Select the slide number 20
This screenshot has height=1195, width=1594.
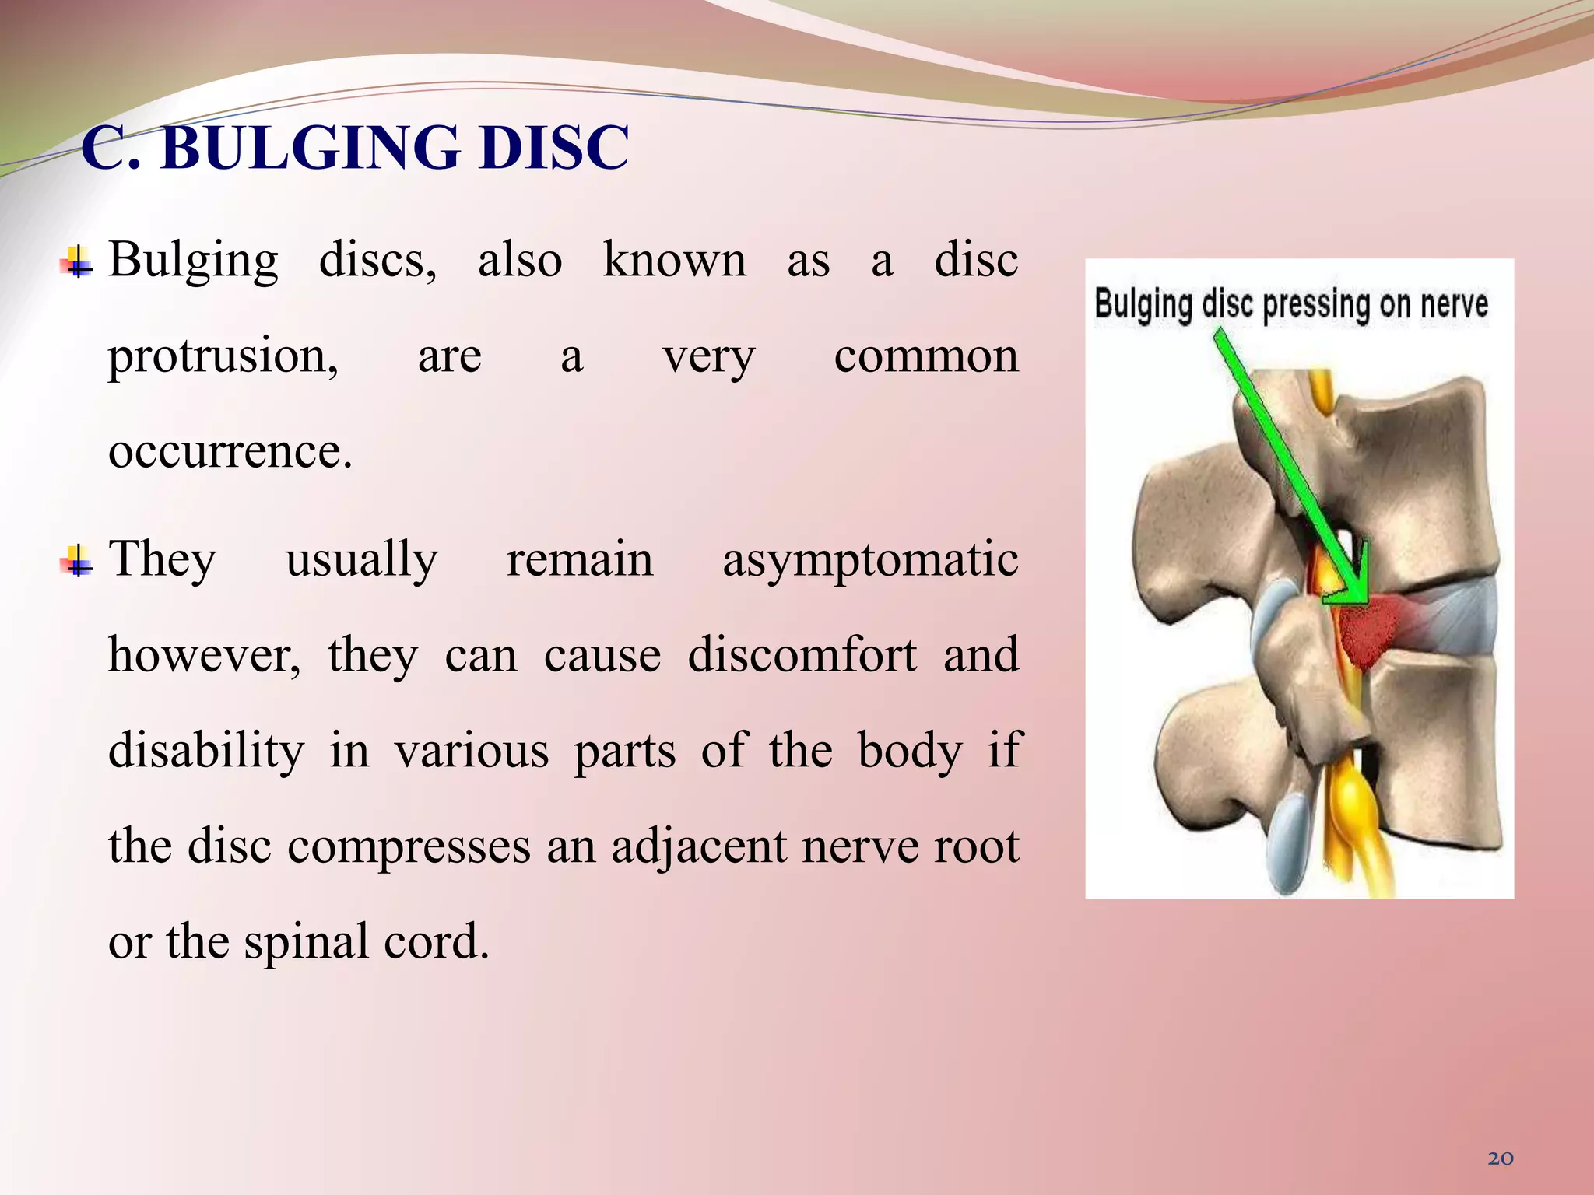click(1501, 1158)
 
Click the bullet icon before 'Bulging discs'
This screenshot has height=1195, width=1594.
click(76, 262)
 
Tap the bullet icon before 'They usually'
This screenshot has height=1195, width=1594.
click(76, 561)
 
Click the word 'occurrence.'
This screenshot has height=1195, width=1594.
click(230, 451)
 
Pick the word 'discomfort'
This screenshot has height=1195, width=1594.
click(802, 655)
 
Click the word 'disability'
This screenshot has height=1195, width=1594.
click(206, 751)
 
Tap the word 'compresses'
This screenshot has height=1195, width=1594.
click(409, 846)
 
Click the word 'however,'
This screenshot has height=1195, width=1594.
click(204, 655)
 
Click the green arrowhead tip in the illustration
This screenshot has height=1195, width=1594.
click(1364, 599)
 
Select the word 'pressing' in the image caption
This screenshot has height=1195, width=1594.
click(1316, 304)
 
